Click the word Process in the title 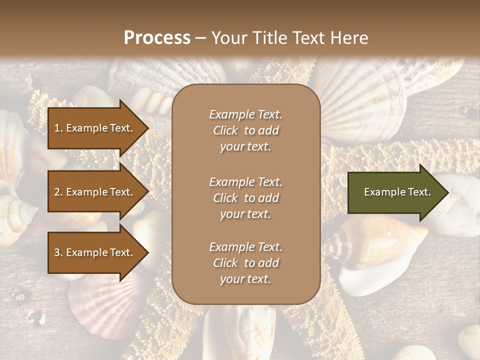coord(157,38)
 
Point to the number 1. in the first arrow coord(58,128)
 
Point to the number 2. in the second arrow coord(58,192)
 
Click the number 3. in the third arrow coord(58,252)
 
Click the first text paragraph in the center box coord(245,130)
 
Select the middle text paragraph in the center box coord(245,198)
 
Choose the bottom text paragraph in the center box coord(245,263)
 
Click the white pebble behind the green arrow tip coord(462,205)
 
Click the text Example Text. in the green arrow coord(397,192)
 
